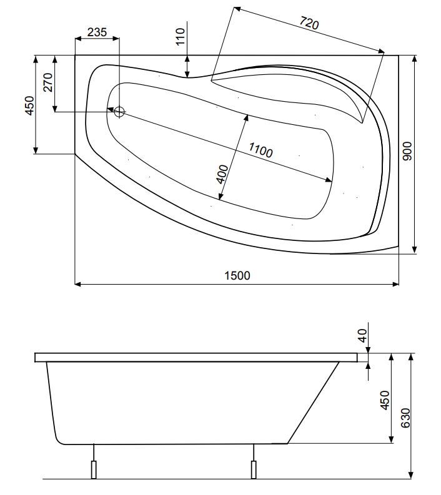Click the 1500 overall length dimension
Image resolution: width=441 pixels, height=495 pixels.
tap(237, 276)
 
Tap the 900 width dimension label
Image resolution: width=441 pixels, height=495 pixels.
tap(407, 151)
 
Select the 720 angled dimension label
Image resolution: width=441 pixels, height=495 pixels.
tap(309, 23)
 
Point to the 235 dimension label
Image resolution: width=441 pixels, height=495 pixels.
tap(97, 32)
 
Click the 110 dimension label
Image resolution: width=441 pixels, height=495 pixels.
tap(180, 37)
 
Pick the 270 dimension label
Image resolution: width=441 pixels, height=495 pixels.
tap(48, 82)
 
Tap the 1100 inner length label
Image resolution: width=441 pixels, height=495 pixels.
tap(260, 150)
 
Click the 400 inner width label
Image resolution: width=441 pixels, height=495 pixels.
tap(222, 174)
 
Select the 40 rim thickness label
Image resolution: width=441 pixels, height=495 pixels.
tap(363, 335)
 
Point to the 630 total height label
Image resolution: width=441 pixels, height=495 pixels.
tap(405, 418)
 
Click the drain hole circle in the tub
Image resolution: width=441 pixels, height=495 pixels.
tap(119, 112)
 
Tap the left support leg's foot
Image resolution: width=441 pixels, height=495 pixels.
tap(94, 470)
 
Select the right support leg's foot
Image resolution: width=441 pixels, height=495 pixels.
tap(254, 470)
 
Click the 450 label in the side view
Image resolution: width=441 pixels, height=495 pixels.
tap(385, 400)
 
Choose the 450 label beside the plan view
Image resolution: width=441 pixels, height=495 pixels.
tap(29, 105)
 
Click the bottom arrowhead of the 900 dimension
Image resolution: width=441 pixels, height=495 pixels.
tap(415, 250)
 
